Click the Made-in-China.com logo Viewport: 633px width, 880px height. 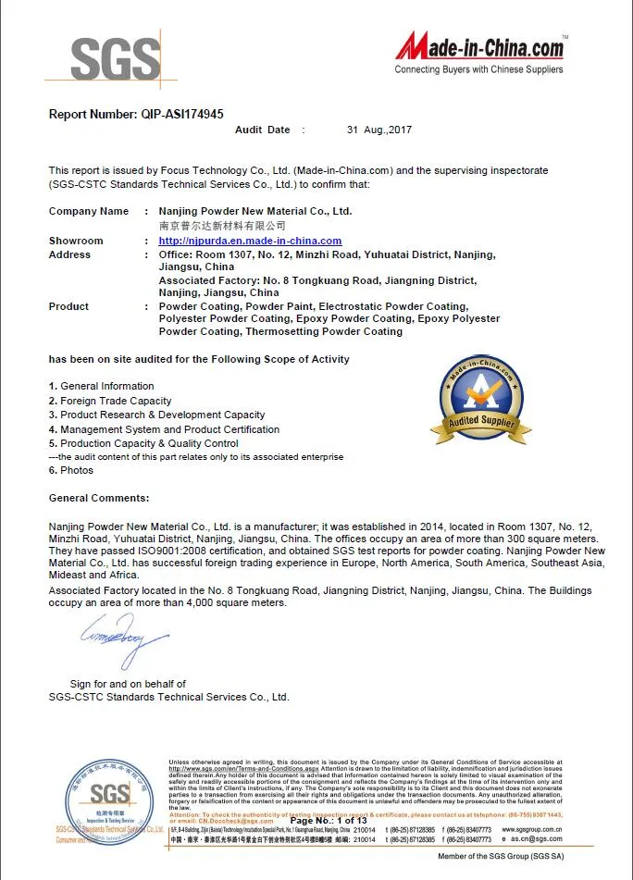(x=479, y=46)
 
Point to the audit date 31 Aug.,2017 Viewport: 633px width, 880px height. (x=379, y=130)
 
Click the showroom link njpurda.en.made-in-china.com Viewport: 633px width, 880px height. (x=250, y=241)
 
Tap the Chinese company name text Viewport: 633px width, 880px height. (x=222, y=225)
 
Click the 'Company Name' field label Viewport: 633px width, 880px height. (x=89, y=211)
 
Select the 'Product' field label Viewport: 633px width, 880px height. (x=68, y=306)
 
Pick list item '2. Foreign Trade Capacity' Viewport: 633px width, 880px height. (x=110, y=401)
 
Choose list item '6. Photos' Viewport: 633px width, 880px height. (x=71, y=470)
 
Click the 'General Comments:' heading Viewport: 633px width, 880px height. (x=99, y=498)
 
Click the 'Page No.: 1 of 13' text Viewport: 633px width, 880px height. (x=329, y=821)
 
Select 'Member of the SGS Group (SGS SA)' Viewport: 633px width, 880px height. (x=501, y=858)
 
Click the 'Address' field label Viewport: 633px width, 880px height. (x=69, y=254)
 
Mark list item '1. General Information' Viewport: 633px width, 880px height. (x=102, y=386)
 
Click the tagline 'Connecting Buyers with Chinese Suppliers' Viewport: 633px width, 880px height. (x=478, y=69)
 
